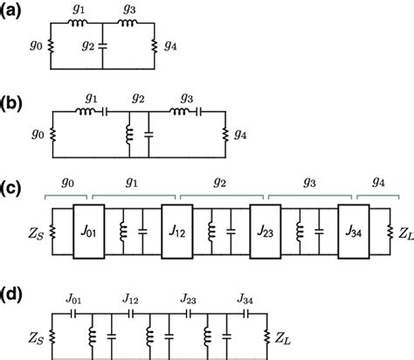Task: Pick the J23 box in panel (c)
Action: tap(266, 232)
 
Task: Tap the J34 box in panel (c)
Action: tap(352, 232)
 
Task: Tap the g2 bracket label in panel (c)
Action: tap(220, 186)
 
